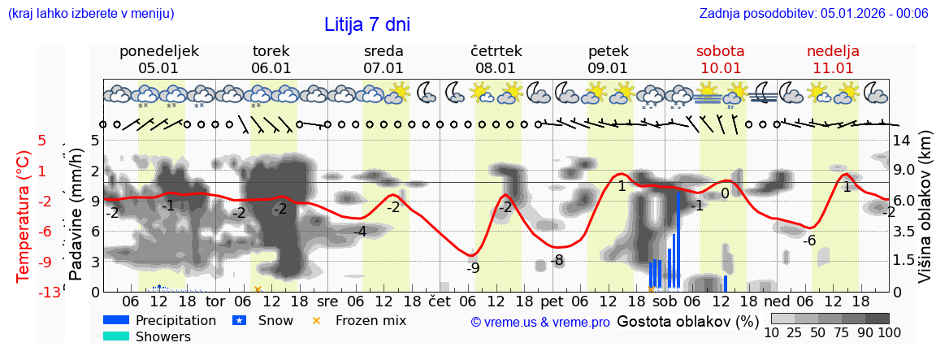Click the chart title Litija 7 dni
367,24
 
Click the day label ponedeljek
158,51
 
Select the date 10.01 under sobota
720,68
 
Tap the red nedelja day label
833,51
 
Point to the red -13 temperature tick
50,292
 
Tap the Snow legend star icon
240,320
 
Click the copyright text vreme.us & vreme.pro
539,322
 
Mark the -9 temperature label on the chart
473,268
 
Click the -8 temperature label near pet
557,261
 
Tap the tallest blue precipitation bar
678,241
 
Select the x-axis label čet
439,300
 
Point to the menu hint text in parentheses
91,13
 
